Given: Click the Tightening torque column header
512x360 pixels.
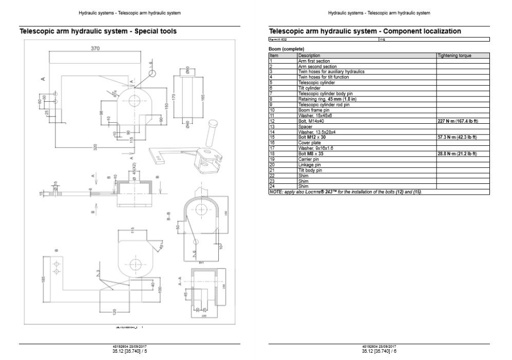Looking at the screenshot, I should pyautogui.click(x=454, y=55).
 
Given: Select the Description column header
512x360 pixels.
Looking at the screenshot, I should pyautogui.click(x=309, y=55).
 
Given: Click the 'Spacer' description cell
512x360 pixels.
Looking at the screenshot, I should pyautogui.click(x=306, y=126).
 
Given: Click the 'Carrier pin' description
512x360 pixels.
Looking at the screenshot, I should pyautogui.click(x=309, y=159).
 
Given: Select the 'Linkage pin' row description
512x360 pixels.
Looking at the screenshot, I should pyautogui.click(x=310, y=164).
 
